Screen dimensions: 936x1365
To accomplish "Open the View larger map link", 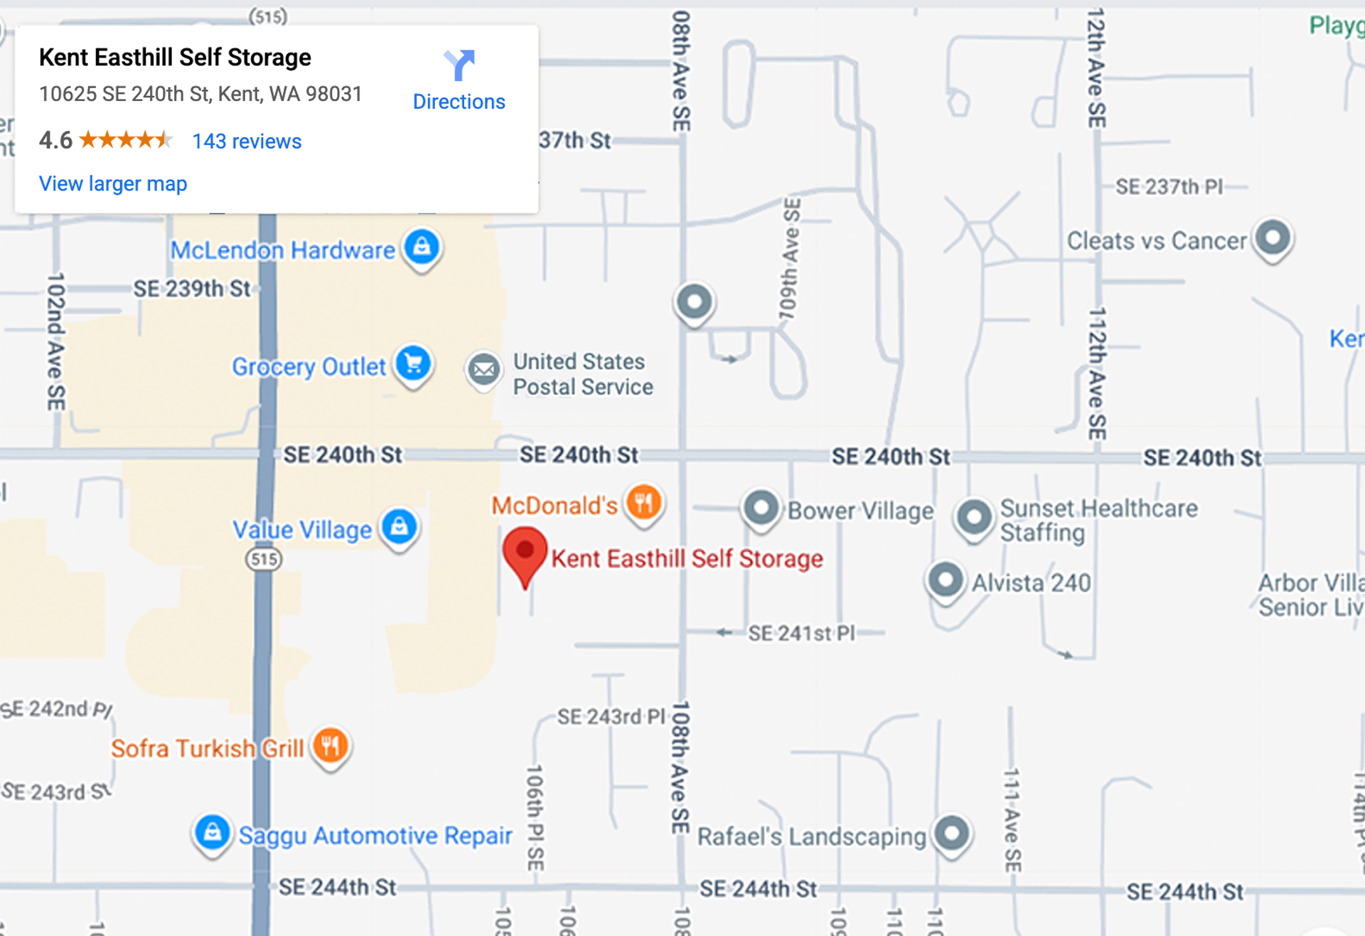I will point(113,184).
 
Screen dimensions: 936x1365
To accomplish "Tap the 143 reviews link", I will point(247,141).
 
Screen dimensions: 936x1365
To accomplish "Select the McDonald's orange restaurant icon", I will point(644,503).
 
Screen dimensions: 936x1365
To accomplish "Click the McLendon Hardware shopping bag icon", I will point(422,248).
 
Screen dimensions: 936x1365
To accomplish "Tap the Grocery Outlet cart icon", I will point(413,364).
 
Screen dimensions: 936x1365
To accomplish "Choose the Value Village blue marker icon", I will point(400,527).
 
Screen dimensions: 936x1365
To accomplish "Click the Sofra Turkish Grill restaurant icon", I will point(331,746).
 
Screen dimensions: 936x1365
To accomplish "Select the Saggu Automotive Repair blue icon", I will point(212,832).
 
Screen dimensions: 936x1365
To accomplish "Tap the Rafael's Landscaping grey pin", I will point(952,832).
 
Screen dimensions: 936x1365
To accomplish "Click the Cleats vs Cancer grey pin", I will point(1273,238).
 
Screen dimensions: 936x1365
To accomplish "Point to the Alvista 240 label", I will point(1031,583).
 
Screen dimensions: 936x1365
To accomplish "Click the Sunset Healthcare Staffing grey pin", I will point(973,517).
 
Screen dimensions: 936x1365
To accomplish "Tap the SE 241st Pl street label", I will point(801,633).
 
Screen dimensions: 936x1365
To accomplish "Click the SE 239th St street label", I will point(192,289).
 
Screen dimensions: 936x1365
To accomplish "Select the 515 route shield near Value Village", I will point(264,559).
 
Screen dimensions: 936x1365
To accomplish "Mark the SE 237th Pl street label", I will point(1169,187).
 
